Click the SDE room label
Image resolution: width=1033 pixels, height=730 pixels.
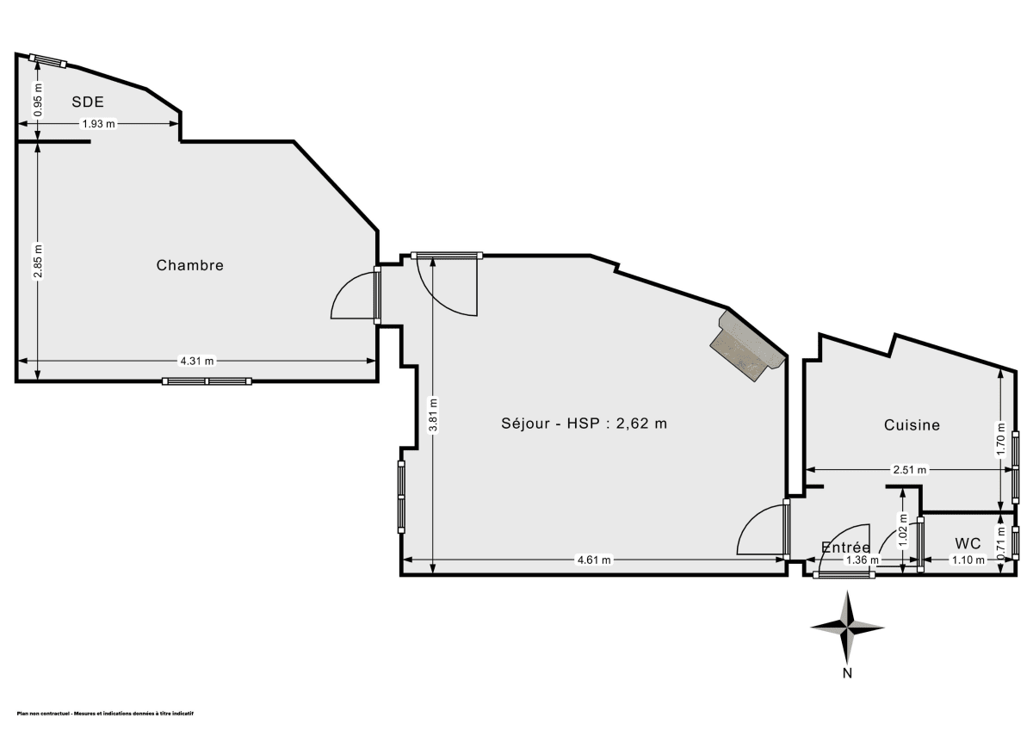coord(88,102)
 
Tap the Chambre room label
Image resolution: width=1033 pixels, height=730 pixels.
coord(189,265)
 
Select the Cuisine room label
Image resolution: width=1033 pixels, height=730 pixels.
coord(912,424)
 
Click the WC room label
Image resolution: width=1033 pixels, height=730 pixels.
coord(968,543)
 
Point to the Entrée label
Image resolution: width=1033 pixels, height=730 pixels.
coord(845,547)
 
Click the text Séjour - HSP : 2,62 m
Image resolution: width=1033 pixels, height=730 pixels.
coord(585,423)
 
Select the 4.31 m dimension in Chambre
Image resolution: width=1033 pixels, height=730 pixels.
coord(197,361)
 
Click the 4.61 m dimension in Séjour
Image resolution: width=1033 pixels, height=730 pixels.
coord(593,560)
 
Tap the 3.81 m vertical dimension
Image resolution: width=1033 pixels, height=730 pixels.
coord(433,415)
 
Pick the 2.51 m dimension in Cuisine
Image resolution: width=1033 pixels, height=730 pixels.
coord(909,470)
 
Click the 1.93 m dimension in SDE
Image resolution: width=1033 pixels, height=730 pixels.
coord(98,124)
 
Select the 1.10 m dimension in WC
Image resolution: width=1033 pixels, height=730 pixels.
coord(968,560)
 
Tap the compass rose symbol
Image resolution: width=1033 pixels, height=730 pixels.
coord(848,626)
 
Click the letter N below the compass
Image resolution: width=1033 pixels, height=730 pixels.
coord(848,673)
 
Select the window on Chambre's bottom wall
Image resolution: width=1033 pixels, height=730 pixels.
coord(207,380)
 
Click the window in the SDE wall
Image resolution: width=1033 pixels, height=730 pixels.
coord(47,60)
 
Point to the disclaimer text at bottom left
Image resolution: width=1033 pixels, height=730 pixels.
coord(105,714)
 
